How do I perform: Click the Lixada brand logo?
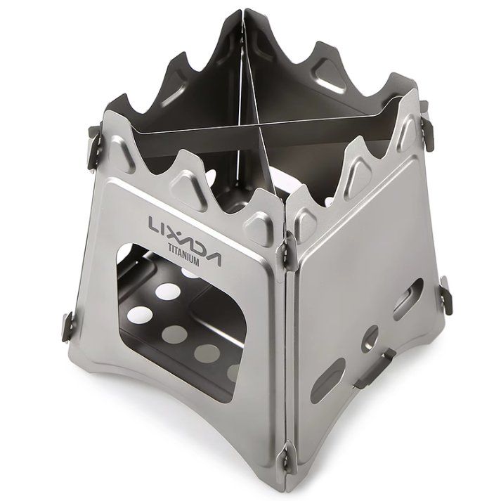[x=184, y=238]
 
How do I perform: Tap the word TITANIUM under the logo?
[x=183, y=256]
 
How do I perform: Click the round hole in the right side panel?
[x=370, y=337]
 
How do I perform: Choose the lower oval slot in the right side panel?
[x=328, y=381]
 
